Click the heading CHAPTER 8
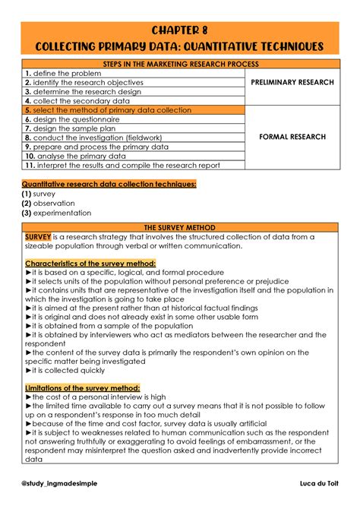point(180,30)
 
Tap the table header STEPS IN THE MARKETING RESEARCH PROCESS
point(180,65)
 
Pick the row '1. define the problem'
point(62,74)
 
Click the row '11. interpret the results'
point(122,165)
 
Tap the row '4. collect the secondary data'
point(76,100)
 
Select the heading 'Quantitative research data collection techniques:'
point(109,184)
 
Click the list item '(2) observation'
point(48,204)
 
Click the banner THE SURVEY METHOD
point(180,227)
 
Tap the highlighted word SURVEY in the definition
point(37,236)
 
